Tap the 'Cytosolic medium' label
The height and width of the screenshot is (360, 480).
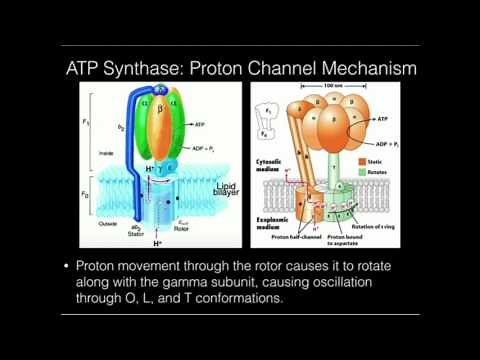[269, 162]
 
